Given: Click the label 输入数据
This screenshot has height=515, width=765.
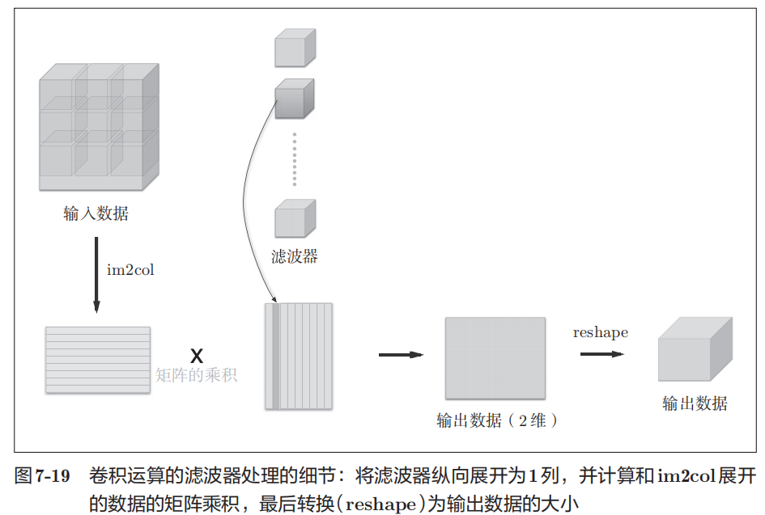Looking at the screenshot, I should [x=96, y=214].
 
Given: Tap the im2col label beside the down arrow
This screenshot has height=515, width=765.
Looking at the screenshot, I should [x=130, y=269].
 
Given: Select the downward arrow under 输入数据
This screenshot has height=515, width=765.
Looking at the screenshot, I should [x=96, y=274].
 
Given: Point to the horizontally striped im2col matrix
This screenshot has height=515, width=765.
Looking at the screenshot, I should [x=98, y=360].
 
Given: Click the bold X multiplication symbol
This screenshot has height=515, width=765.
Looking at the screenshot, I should [x=196, y=355].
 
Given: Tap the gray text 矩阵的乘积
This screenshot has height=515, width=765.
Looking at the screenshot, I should [x=197, y=375].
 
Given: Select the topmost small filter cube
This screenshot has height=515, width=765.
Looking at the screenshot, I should [x=295, y=49].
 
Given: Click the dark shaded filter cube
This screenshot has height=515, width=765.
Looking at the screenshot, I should [x=294, y=99].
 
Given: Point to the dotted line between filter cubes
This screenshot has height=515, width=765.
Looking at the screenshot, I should [x=295, y=159].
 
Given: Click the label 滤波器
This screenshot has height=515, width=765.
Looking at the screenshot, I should [x=295, y=257].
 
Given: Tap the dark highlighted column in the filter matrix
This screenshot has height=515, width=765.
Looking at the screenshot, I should [x=276, y=356].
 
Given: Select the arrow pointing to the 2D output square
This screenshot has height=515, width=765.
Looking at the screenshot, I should [x=401, y=354].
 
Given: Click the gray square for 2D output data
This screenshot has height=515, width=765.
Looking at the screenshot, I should [x=495, y=358].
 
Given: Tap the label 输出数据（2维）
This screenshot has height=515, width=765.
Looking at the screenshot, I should [x=497, y=420].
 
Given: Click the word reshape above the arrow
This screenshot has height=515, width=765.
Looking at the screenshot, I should [x=600, y=332].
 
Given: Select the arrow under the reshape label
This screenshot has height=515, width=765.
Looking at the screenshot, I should [x=601, y=352].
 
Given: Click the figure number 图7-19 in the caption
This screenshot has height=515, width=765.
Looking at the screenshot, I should [x=43, y=477].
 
